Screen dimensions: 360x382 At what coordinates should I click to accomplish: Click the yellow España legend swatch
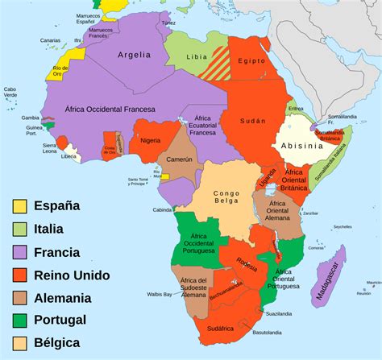click(x=19, y=206)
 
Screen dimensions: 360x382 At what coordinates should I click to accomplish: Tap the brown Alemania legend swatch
click(x=19, y=298)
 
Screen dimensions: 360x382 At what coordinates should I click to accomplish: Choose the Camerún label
click(x=180, y=159)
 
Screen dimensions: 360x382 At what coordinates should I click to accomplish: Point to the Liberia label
click(x=70, y=156)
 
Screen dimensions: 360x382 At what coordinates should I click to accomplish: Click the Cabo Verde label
click(x=10, y=93)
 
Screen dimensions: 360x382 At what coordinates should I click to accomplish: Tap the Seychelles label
click(x=343, y=226)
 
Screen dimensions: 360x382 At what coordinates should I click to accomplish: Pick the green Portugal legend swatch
click(x=19, y=321)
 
